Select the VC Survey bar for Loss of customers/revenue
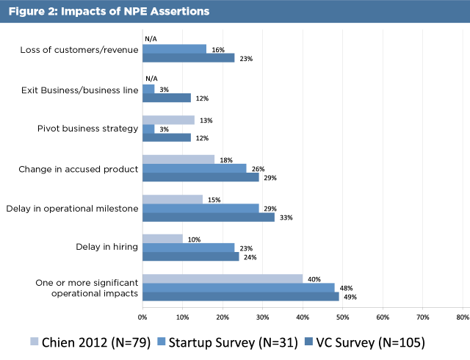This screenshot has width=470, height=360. (188, 57)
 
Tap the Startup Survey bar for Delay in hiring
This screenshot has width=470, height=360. (188, 248)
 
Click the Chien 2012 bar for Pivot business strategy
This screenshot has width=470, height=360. (168, 120)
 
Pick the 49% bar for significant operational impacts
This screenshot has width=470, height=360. (240, 296)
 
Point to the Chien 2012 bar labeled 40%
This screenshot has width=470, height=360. (222, 278)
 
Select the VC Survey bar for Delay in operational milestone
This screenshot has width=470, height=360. (208, 217)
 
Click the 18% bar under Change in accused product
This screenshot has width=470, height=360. (178, 159)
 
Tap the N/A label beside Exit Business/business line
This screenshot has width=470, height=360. (152, 79)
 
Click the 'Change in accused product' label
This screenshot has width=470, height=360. (79, 169)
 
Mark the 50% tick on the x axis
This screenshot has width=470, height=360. (342, 317)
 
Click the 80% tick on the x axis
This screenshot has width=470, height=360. (463, 317)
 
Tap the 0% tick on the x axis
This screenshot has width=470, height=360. (142, 317)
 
